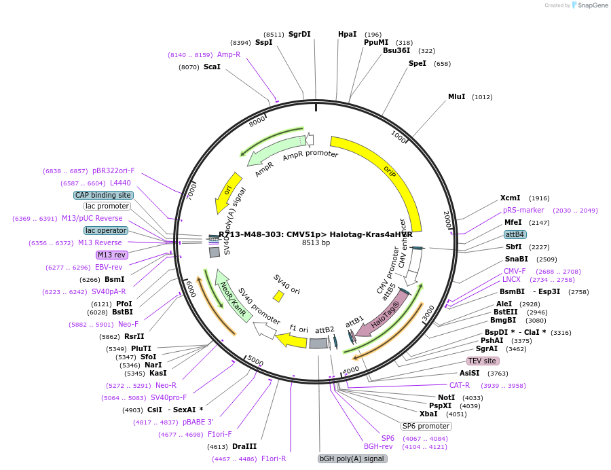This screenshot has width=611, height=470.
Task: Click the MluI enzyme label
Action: click(457, 97)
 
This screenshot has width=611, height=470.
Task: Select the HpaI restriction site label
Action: click(347, 34)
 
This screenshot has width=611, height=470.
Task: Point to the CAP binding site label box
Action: click(103, 195)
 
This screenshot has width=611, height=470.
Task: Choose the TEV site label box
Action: click(482, 361)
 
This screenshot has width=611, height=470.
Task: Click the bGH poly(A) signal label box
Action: click(352, 458)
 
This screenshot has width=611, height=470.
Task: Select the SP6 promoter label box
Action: click(426, 426)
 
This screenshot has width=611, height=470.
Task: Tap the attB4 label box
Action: click(515, 234)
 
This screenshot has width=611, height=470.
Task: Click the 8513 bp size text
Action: click(316, 242)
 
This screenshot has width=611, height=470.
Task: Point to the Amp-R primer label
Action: click(229, 54)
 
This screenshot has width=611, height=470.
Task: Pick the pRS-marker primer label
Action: click(523, 210)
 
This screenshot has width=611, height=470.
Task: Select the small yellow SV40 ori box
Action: click(278, 296)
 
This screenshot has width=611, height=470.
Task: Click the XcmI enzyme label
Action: click(511, 198)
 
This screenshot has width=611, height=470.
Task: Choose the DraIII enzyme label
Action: click(244, 446)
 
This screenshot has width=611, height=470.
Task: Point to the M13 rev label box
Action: click(112, 255)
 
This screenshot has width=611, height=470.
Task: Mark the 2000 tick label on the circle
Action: click(447, 219)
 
